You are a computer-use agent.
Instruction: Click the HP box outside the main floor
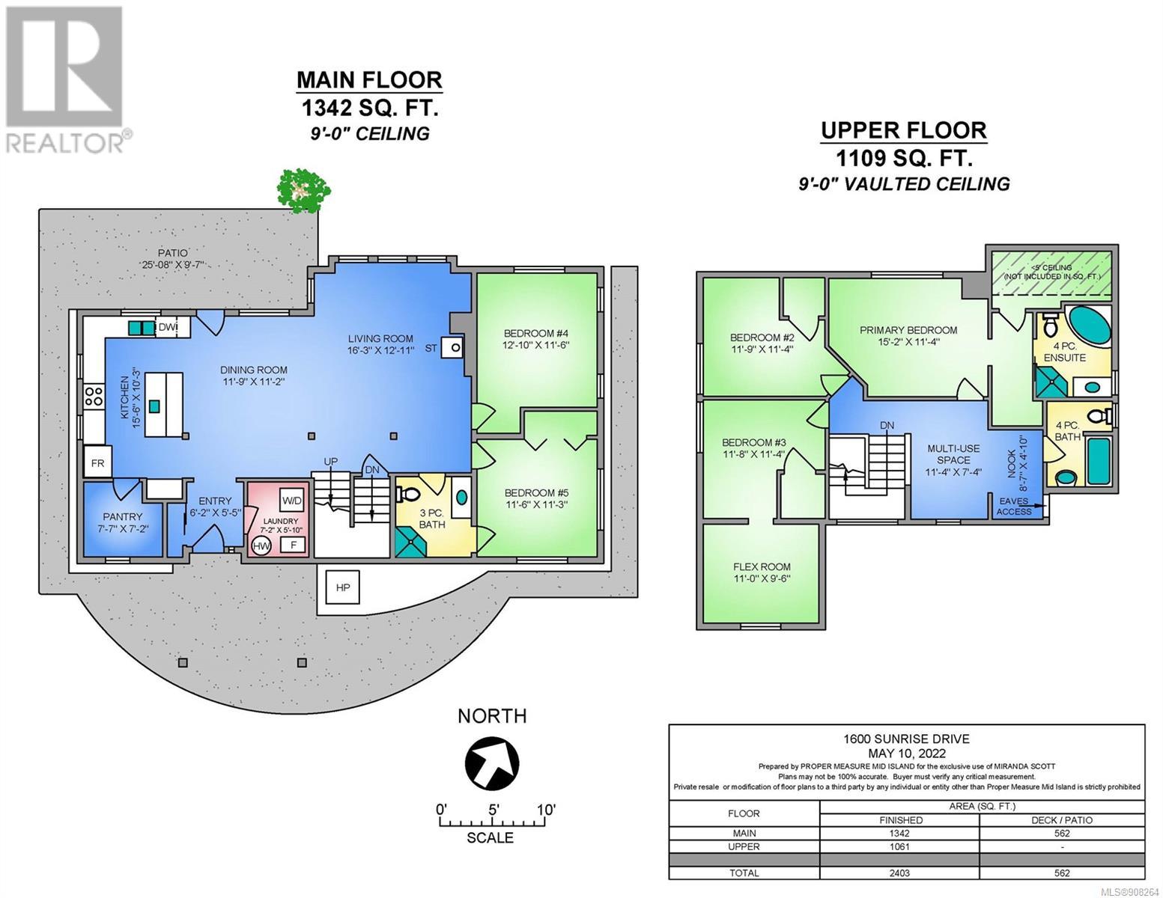pyautogui.click(x=343, y=587)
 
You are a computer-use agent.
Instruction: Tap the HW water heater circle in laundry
pyautogui.click(x=261, y=546)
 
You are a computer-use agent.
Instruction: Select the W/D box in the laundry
pyautogui.click(x=292, y=501)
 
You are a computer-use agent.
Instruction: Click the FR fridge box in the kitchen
pyautogui.click(x=97, y=463)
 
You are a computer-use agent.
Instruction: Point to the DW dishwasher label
pyautogui.click(x=167, y=327)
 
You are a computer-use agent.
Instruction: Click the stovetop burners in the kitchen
pyautogui.click(x=94, y=396)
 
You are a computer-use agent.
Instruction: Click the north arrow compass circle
pyautogui.click(x=492, y=762)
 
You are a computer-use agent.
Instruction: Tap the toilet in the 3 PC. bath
pyautogui.click(x=406, y=495)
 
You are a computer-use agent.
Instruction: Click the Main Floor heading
pyautogui.click(x=369, y=80)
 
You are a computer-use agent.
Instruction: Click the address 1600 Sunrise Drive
pyautogui.click(x=906, y=739)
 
